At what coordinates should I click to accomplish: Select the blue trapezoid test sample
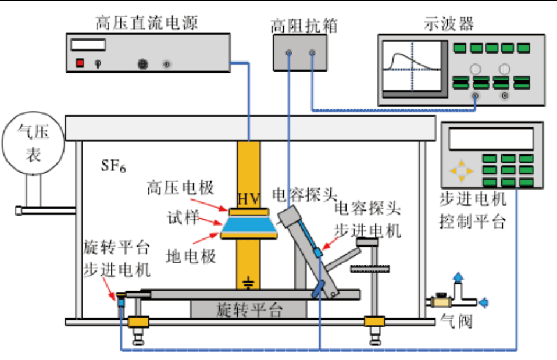click(x=249, y=223)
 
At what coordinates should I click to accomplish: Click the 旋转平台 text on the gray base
click(x=248, y=309)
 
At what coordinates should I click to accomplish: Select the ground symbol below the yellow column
click(x=248, y=284)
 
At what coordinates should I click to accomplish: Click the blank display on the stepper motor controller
click(x=491, y=138)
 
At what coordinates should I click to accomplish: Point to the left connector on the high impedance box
click(x=289, y=54)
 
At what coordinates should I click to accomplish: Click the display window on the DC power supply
click(x=88, y=44)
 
